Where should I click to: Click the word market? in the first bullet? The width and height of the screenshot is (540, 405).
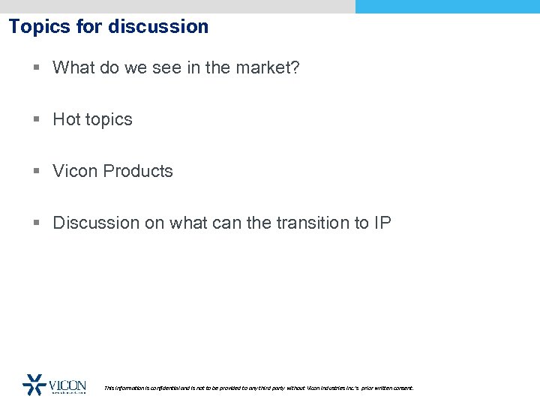click(268, 67)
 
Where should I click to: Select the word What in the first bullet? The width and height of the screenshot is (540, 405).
click(73, 67)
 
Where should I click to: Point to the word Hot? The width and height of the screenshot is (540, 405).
click(65, 119)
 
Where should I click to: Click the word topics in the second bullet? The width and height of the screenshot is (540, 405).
click(108, 120)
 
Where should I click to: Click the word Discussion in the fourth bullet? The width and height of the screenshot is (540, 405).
click(94, 223)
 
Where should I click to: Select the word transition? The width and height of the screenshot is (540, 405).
click(316, 223)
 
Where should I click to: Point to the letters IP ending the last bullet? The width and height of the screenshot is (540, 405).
click(382, 223)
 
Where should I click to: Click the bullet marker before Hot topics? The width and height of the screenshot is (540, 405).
click(37, 120)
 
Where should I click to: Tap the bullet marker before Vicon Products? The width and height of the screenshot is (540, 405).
click(37, 172)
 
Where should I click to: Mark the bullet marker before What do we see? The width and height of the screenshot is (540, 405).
click(37, 68)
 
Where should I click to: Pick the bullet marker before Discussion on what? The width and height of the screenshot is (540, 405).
click(37, 223)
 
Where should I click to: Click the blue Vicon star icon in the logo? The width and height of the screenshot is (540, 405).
click(34, 384)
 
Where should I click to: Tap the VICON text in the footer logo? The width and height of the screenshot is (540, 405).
click(67, 385)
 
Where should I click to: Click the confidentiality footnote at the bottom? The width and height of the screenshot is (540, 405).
click(259, 388)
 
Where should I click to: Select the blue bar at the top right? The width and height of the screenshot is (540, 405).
click(447, 6)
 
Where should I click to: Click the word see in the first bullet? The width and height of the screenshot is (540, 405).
click(173, 67)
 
